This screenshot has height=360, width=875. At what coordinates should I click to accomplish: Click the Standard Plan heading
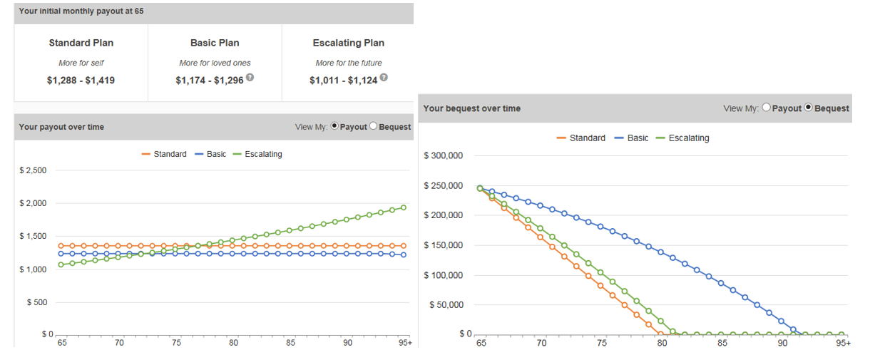[x=81, y=43]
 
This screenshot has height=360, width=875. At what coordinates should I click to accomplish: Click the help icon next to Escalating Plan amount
[x=384, y=78]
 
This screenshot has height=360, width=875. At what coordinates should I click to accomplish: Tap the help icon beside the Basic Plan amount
[x=250, y=78]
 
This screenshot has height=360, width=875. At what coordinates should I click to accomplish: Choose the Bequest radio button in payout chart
[x=373, y=127]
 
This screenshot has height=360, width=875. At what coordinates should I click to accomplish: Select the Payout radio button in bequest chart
[x=766, y=108]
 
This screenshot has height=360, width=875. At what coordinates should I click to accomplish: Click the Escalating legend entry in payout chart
[x=263, y=154]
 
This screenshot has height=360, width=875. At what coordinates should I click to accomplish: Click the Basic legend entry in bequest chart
[x=638, y=138]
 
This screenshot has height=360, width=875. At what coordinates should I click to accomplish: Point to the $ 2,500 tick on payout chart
[x=32, y=170]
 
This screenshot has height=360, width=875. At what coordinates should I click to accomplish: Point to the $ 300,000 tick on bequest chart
[x=444, y=156]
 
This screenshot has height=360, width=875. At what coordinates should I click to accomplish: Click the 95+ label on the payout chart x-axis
[x=405, y=343]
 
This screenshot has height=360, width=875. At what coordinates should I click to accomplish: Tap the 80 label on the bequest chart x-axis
[x=662, y=344]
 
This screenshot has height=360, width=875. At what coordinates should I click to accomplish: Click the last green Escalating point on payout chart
[x=404, y=207]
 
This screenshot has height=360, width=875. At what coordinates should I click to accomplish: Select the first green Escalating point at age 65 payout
[x=61, y=264]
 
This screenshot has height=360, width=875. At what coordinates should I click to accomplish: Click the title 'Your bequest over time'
[x=472, y=108]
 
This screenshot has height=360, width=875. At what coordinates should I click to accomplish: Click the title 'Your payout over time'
[x=61, y=127]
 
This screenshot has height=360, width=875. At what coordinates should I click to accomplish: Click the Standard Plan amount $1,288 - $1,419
[x=81, y=81]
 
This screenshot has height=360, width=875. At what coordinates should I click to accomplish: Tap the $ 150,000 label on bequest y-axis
[x=444, y=245]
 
